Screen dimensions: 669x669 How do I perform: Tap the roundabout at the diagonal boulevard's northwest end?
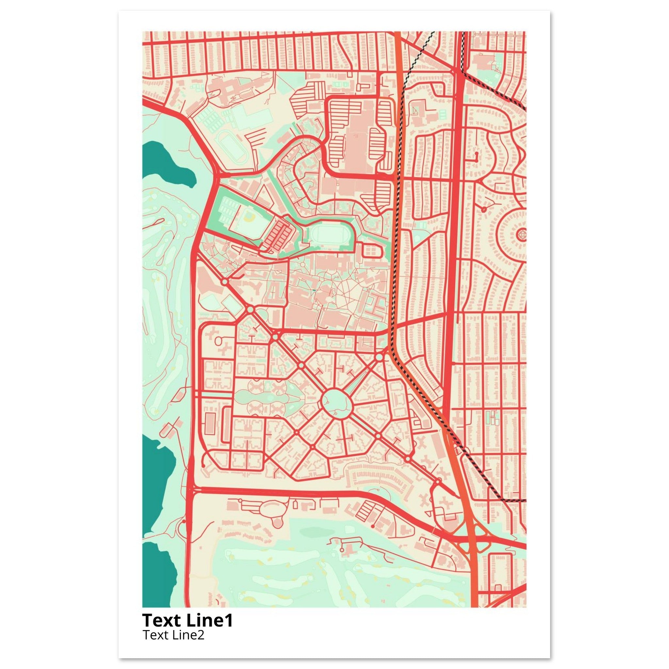click(225, 282)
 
